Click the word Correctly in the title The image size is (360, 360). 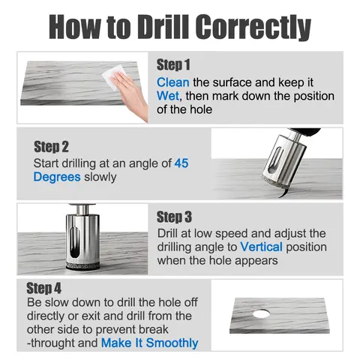253,27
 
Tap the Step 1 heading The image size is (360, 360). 173,65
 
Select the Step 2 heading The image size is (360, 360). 51,146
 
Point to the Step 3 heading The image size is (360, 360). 174,217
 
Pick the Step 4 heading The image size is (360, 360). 44,288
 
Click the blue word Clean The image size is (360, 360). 173,82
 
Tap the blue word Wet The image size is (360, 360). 168,96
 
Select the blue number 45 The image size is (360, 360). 181,163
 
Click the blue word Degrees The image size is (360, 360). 57,178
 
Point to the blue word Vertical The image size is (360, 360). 261,247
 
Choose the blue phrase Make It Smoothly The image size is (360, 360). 150,343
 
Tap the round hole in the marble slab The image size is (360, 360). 261,313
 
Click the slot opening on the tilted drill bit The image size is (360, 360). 275,160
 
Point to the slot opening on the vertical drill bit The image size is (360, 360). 75,242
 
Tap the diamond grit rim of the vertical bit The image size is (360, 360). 82,265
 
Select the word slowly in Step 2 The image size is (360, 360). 100,178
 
